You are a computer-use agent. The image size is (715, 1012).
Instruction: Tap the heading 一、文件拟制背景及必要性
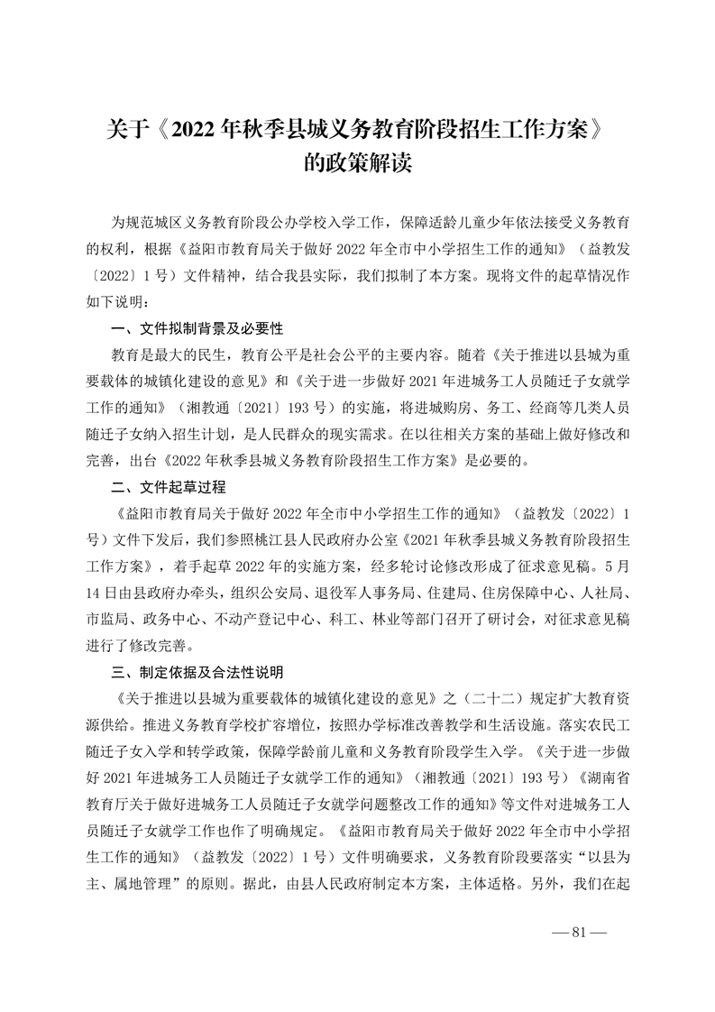coord(197,327)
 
